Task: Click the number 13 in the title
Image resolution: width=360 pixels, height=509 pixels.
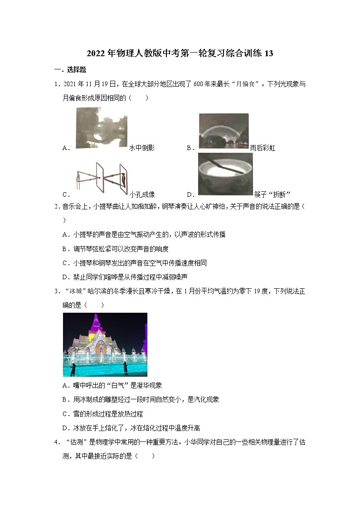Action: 268,53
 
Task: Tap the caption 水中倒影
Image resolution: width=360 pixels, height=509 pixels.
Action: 142,148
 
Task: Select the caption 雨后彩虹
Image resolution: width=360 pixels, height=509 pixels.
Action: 263,148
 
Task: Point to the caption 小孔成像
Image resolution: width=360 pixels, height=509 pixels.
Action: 142,194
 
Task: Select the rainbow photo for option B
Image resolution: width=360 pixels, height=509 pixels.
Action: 224,131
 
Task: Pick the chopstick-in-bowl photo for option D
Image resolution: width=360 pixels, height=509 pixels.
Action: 225,174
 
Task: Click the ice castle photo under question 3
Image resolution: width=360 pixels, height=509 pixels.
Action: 105,344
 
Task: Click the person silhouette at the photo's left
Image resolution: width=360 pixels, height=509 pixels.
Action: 73,369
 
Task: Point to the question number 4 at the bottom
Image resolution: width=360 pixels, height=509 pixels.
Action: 56,442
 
